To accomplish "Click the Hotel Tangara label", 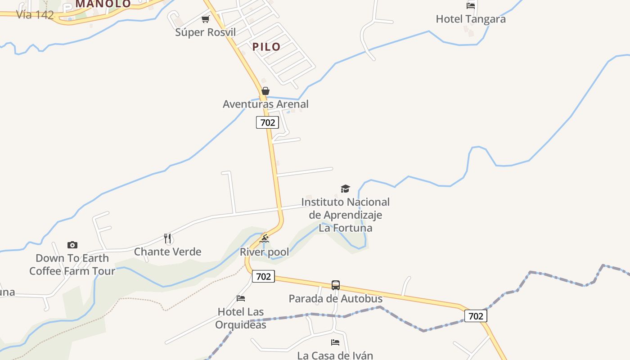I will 470,19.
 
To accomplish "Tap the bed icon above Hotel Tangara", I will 470,6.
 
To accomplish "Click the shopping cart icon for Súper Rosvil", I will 206,19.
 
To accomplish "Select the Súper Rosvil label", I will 205,32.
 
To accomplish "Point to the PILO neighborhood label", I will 266,47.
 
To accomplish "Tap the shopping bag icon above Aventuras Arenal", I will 265,91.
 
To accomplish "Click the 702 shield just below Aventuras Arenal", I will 267,122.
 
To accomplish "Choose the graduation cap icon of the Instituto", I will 345,189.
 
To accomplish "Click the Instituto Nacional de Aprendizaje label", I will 345,215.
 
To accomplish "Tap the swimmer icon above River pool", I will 264,238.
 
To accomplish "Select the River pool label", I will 264,252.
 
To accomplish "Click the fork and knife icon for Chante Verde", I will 167,238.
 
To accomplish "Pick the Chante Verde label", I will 167,252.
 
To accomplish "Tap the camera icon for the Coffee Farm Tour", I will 72,245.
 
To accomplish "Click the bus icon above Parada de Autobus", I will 336,285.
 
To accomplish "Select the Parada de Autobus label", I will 335,298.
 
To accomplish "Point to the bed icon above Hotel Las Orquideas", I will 241,298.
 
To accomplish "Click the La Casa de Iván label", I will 335,355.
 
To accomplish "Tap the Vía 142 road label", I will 35,14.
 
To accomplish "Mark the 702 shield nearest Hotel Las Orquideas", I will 263,276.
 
